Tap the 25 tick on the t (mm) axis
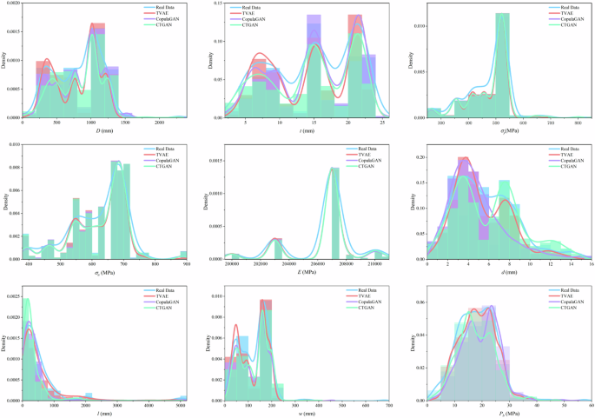click(383, 123)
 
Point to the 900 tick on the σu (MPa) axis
click(183, 264)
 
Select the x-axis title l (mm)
click(102, 414)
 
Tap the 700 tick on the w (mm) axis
click(388, 406)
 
